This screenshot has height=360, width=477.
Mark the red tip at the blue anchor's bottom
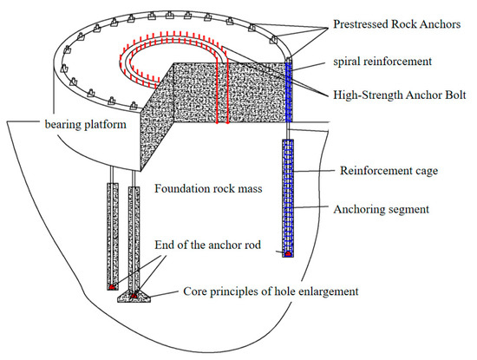pyautogui.click(x=288, y=253)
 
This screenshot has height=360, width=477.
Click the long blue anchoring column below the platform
pyautogui.click(x=288, y=195)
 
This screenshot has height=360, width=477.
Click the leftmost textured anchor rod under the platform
pyautogui.click(x=114, y=234)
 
